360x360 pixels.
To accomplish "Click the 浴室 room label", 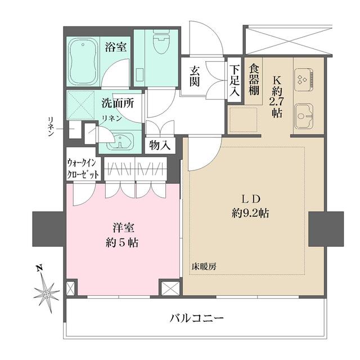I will click(x=116, y=47).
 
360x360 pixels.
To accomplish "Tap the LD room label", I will click(x=250, y=199).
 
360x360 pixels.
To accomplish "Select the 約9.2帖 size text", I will click(x=251, y=213).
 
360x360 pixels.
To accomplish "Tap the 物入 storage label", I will click(x=160, y=145).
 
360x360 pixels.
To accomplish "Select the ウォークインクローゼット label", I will click(x=83, y=168).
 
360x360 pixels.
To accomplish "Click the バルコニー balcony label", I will click(x=196, y=318).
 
